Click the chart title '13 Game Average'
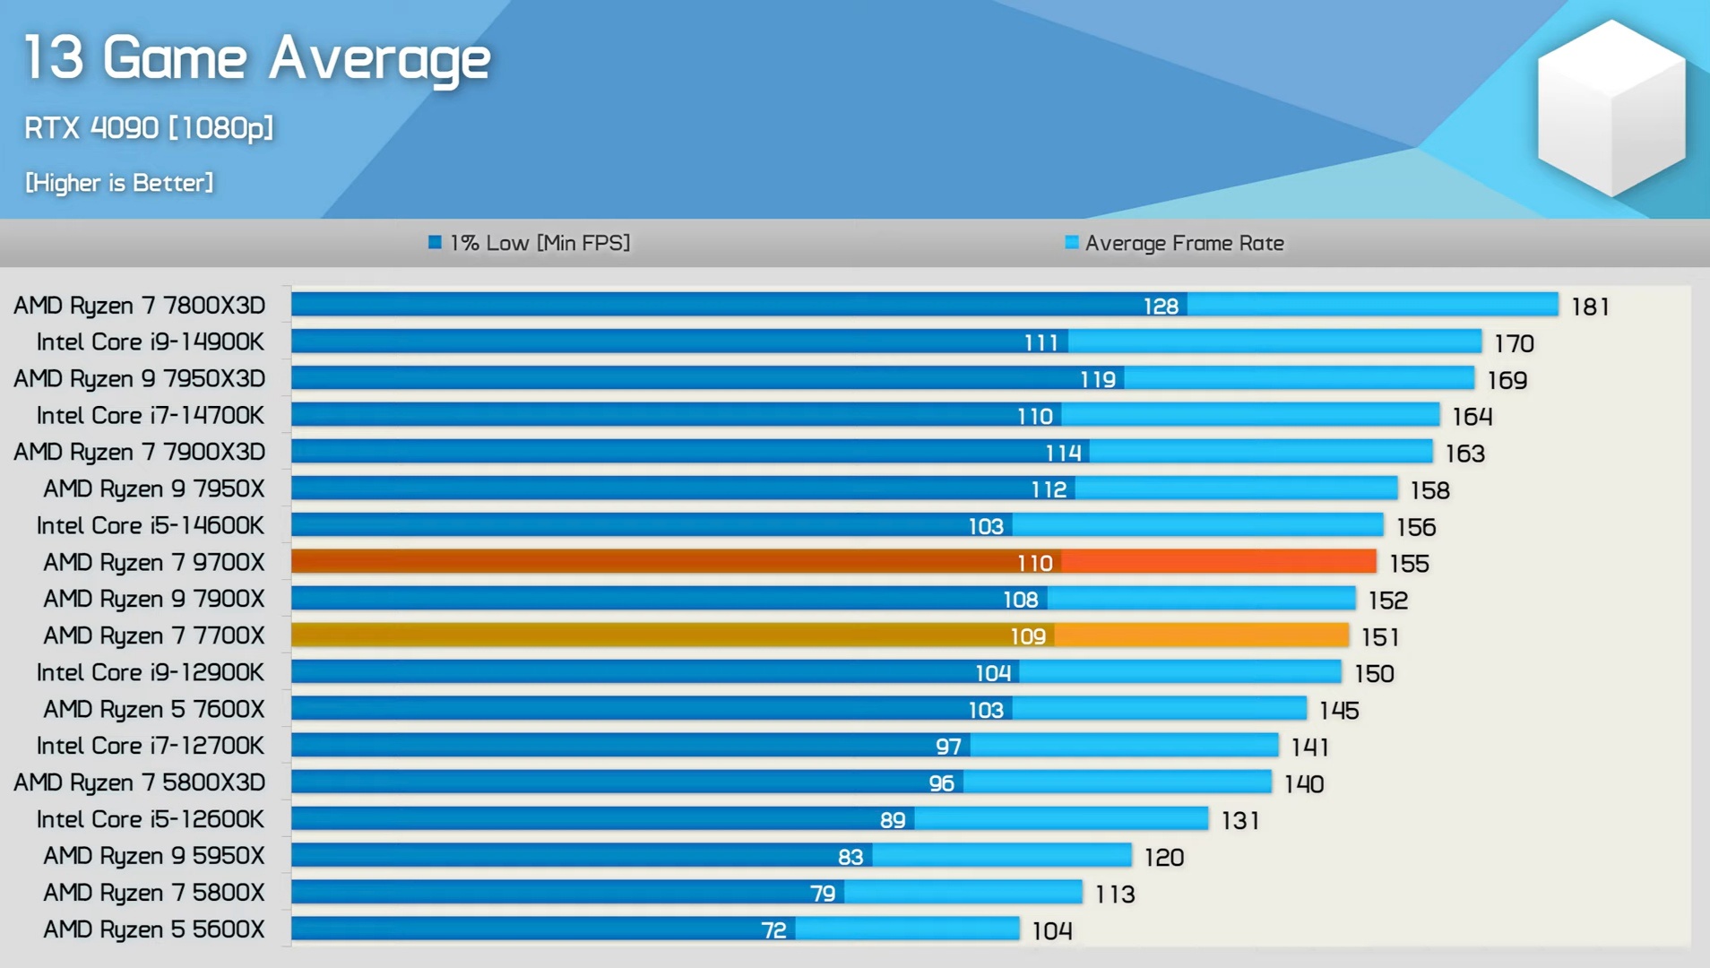pyautogui.click(x=257, y=59)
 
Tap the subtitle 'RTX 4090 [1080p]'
pyautogui.click(x=149, y=128)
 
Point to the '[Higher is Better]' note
pyautogui.click(x=119, y=183)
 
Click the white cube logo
pyautogui.click(x=1611, y=108)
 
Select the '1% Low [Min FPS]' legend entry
pyautogui.click(x=530, y=243)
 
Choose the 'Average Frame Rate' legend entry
pyautogui.click(x=1174, y=243)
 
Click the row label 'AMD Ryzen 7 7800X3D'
pyautogui.click(x=139, y=306)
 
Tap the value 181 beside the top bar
pyautogui.click(x=1590, y=307)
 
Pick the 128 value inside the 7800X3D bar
pyautogui.click(x=1161, y=307)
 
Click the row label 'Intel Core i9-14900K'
pyautogui.click(x=150, y=342)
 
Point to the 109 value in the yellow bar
pyautogui.click(x=1028, y=636)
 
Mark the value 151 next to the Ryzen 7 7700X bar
pyautogui.click(x=1379, y=636)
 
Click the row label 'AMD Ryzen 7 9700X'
pyautogui.click(x=154, y=563)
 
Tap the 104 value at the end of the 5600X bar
pyautogui.click(x=1051, y=930)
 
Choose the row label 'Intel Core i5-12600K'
pyautogui.click(x=150, y=819)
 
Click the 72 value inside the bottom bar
pyautogui.click(x=773, y=930)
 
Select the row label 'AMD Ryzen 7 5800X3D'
pyautogui.click(x=139, y=782)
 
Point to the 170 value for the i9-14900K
pyautogui.click(x=1514, y=343)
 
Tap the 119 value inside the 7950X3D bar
pyautogui.click(x=1098, y=380)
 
